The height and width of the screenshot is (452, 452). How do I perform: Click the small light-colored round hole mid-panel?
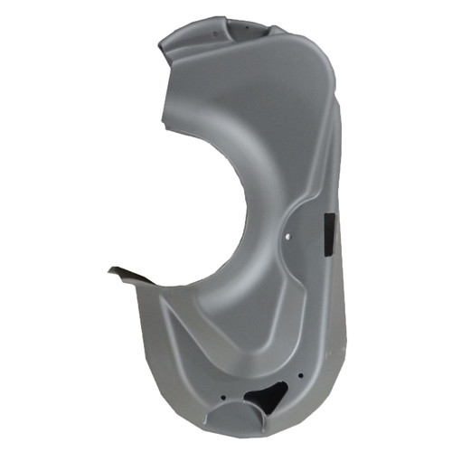pos(287,238)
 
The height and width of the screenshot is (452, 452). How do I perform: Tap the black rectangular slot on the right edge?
pos(326,231)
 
